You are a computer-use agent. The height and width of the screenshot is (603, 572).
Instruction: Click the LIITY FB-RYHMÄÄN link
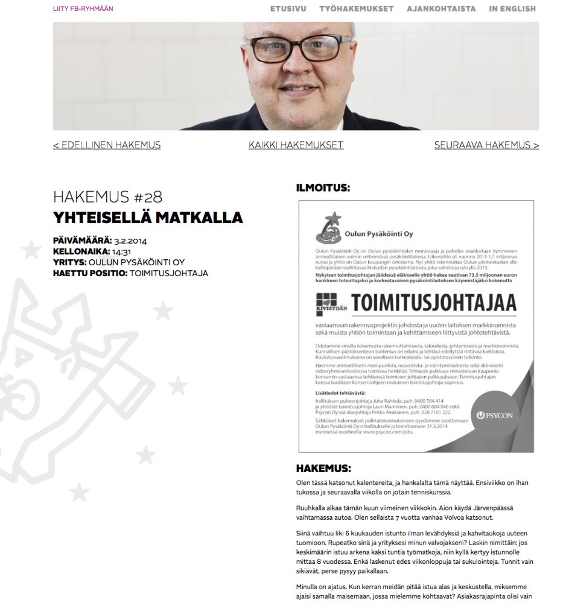(83, 9)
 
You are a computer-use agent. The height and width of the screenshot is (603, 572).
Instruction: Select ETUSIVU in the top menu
(288, 9)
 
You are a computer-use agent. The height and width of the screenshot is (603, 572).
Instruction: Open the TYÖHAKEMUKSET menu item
(357, 9)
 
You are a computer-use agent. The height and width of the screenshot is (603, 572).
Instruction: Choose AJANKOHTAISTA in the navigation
(441, 9)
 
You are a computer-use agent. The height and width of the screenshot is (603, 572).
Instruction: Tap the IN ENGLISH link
(512, 9)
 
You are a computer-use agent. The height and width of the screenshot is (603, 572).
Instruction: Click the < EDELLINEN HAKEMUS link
(107, 145)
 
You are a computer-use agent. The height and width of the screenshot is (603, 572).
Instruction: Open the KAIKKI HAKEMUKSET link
(296, 145)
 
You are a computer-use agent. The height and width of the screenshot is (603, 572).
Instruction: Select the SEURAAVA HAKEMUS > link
(486, 145)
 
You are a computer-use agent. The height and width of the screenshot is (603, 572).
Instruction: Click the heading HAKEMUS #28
(107, 197)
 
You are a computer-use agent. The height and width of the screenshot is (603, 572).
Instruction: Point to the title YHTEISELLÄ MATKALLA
(148, 217)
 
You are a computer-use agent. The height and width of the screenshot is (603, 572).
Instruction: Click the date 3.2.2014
(130, 241)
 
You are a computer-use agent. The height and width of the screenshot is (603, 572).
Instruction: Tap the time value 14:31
(121, 252)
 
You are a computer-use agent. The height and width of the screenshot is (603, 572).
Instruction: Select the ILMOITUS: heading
(323, 188)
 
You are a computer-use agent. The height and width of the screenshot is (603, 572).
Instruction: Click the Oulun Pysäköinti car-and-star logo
(329, 227)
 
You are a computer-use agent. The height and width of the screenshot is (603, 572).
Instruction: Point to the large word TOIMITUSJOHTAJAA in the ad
(434, 303)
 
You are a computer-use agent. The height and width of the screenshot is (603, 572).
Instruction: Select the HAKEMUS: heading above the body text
(323, 469)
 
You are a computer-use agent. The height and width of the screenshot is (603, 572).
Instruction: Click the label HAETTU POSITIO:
(90, 273)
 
